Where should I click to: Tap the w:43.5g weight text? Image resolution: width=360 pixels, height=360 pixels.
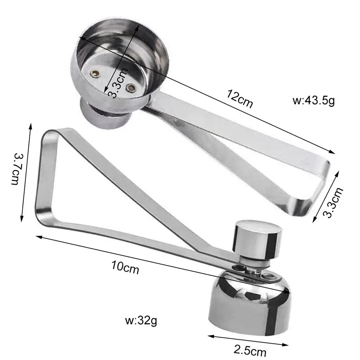point(314,100)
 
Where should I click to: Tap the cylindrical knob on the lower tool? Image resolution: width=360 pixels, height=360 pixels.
point(257,239)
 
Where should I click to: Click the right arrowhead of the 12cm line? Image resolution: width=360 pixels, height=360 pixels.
point(333,152)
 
